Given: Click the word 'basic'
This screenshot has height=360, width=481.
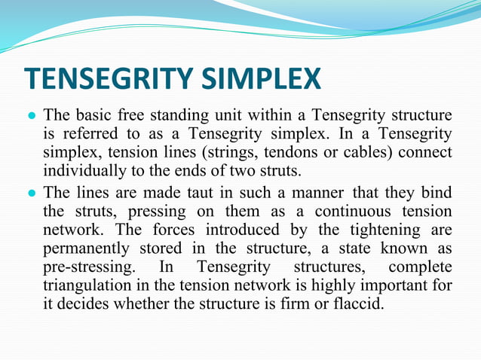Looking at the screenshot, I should (x=93, y=116).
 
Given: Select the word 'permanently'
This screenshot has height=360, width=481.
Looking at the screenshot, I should (x=90, y=249).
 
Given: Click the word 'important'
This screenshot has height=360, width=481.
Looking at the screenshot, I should (x=402, y=286).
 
